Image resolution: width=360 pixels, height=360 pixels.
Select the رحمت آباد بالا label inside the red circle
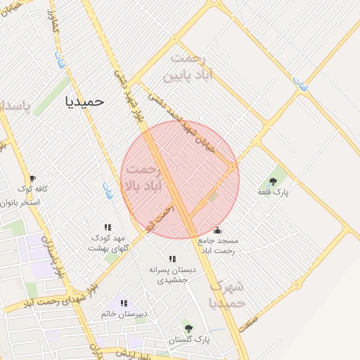[143, 178]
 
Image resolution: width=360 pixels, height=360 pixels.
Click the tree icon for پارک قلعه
[273, 181]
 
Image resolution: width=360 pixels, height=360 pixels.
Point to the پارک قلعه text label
[274, 192]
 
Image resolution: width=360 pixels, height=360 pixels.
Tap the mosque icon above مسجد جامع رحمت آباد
[217, 229]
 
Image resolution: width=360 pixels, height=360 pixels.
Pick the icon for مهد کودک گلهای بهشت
[108, 227]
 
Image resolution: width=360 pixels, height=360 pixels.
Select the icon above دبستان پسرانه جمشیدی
[172, 259]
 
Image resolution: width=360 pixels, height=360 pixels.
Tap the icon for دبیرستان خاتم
[124, 303]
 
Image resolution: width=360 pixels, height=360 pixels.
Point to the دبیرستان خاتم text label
[122, 314]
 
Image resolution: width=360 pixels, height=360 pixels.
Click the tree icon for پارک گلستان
[187, 328]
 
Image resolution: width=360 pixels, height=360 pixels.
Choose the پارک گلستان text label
[192, 340]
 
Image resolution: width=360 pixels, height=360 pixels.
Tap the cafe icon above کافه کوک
[32, 178]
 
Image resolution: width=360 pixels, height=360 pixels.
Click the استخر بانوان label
[21, 202]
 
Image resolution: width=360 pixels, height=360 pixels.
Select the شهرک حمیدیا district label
[226, 295]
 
